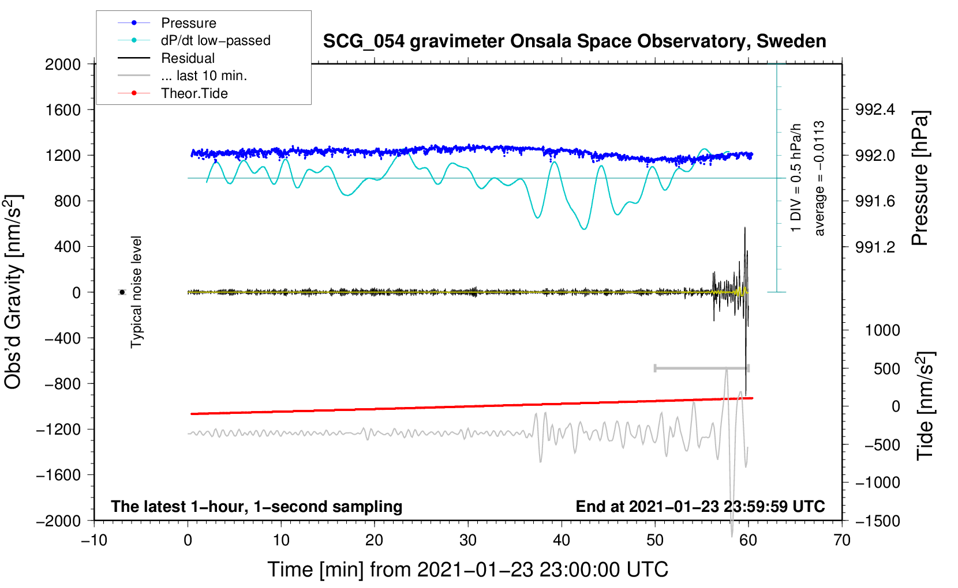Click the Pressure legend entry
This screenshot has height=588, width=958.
pos(188,23)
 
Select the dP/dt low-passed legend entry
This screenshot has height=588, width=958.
pos(215,40)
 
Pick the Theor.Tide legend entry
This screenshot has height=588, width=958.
pos(194,93)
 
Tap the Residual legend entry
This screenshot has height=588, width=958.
pos(188,58)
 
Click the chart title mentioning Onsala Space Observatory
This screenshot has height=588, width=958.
pos(574,42)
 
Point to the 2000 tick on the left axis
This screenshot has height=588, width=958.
pos(63,64)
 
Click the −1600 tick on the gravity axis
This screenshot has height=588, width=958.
pos(59,475)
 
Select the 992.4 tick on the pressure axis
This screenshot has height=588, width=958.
pos(875,110)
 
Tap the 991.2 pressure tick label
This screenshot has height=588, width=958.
pos(875,247)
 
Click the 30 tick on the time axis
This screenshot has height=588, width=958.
pos(468,540)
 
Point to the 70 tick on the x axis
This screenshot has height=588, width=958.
pos(842,540)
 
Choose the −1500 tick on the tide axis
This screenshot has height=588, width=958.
pos(878,521)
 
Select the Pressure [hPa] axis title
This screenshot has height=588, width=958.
pos(920,178)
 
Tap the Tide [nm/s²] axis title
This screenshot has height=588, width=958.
pos(926,406)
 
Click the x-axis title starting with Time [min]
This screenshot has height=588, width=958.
pos(467,570)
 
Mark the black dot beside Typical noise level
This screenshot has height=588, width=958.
pos(122,292)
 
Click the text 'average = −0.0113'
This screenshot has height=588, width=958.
pos(819,178)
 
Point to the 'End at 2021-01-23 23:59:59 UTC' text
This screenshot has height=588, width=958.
pos(700,506)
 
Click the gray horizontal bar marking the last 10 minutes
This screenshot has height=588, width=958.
pos(701,368)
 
